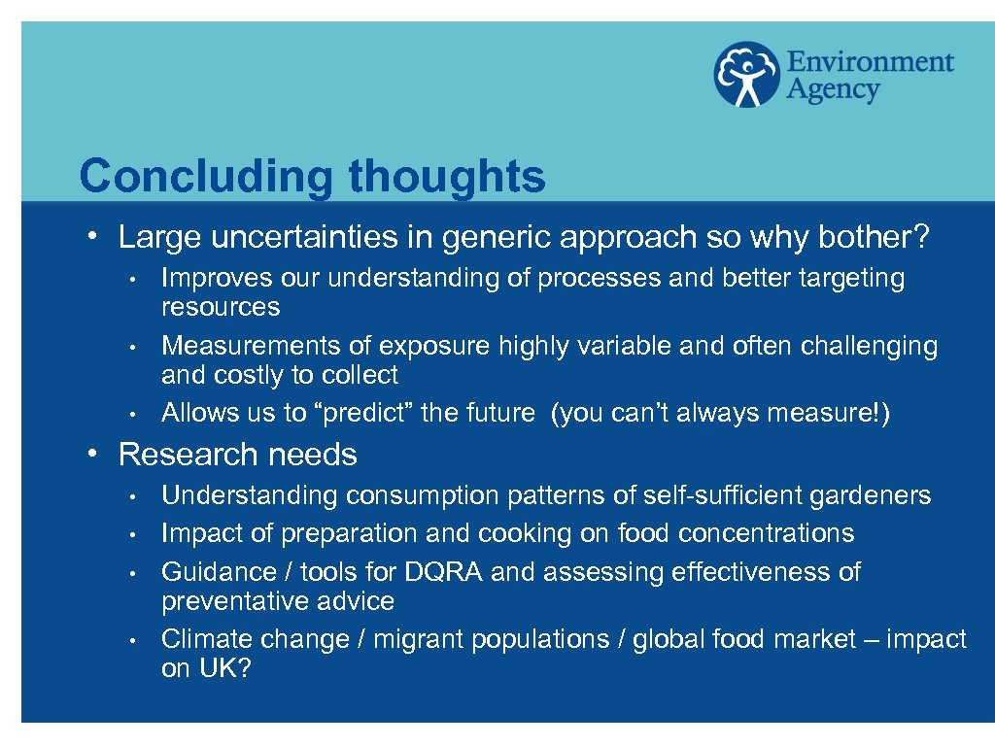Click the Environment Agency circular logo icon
(747, 74)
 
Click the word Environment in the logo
(870, 63)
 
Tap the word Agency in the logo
(833, 91)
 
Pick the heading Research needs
(237, 455)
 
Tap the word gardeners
(875, 496)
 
